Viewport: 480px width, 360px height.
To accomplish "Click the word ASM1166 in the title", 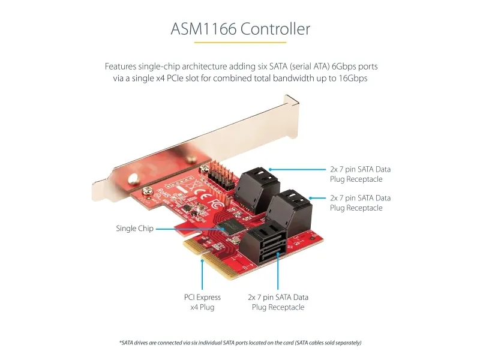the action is pos(203,29).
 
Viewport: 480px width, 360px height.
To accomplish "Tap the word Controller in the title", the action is pos(275,29).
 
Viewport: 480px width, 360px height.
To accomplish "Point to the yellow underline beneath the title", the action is pos(241,42).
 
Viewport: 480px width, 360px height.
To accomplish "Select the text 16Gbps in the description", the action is pos(353,79).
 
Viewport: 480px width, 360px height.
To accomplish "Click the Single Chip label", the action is pos(134,229).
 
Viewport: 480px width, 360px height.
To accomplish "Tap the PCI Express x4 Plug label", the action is pos(202,302).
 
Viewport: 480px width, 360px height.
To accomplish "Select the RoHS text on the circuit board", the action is pos(163,193).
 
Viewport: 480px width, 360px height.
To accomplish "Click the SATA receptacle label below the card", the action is pos(278,302).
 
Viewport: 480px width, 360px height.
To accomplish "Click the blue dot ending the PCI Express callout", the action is pos(202,261).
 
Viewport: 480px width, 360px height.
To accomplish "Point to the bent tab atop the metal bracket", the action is pos(292,101).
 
